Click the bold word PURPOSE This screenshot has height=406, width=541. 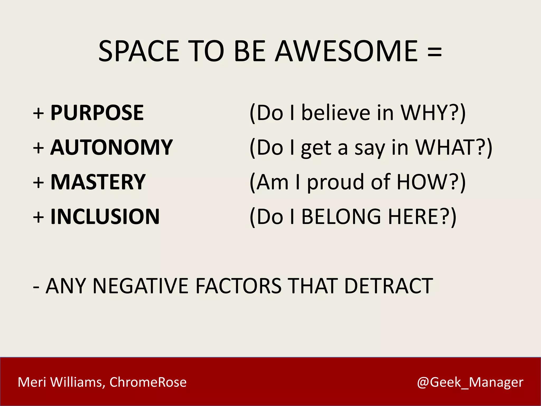pyautogui.click(x=97, y=113)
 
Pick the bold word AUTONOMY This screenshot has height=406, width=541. pyautogui.click(x=111, y=147)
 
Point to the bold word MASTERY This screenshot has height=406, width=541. pyautogui.click(x=98, y=182)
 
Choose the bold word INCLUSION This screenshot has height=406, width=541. pyautogui.click(x=105, y=217)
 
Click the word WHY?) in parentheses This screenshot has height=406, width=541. pyautogui.click(x=433, y=113)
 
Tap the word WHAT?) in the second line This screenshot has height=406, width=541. pyautogui.click(x=454, y=147)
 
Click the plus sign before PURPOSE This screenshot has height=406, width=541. pyautogui.click(x=39, y=114)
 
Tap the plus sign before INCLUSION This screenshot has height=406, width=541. pyautogui.click(x=39, y=218)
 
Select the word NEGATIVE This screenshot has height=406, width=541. pyautogui.click(x=140, y=286)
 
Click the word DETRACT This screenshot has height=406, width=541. pyautogui.click(x=389, y=286)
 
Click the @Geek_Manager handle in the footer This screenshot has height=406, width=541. pyautogui.click(x=470, y=382)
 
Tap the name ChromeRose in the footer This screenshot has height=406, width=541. pyautogui.click(x=148, y=382)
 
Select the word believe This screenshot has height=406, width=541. pyautogui.click(x=336, y=113)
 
